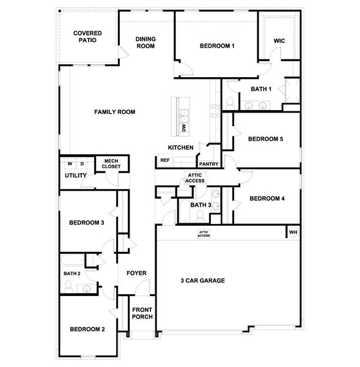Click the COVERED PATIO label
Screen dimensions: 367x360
point(87,37)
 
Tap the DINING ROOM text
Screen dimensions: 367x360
point(145,42)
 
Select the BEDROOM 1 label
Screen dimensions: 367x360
point(217,46)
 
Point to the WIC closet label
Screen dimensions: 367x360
point(279,41)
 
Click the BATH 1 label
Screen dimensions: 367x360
point(261,89)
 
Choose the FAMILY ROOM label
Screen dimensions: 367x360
point(114,112)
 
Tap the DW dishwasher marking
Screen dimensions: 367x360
point(183,128)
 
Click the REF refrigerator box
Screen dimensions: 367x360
point(164,160)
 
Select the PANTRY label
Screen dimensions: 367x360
point(208,164)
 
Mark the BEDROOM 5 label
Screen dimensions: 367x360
point(265,139)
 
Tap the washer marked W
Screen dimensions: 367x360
point(70,163)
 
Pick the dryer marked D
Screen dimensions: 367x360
point(81,163)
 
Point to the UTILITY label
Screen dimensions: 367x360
point(76,176)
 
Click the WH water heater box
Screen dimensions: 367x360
point(293,232)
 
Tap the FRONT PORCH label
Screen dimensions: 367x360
point(142,313)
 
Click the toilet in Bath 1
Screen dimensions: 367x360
point(230,102)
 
